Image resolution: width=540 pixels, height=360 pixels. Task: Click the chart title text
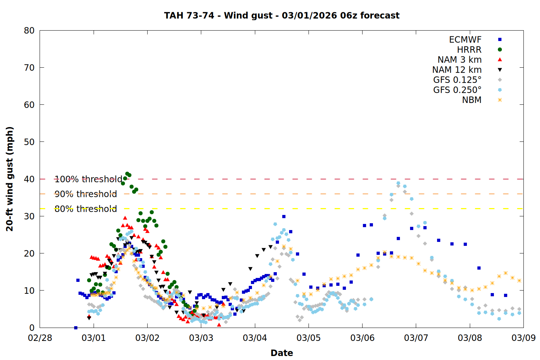282,15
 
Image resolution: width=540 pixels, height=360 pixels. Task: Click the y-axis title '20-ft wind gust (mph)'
10,179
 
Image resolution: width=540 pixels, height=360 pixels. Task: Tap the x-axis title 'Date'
282,353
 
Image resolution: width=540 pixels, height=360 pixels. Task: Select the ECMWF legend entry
465,40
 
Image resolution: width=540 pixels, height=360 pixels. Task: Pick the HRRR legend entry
469,50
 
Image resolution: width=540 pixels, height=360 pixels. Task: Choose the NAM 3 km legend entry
459,60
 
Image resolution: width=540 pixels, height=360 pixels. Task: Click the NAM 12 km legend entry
457,70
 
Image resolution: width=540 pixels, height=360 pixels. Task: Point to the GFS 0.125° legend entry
457,80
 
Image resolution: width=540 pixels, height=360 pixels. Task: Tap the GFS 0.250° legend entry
457,90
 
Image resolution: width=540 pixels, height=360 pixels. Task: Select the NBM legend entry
472,100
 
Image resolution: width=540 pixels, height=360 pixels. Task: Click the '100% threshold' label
88,179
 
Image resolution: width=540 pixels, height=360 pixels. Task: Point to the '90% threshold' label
86,194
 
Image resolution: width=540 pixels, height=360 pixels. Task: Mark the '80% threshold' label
86,209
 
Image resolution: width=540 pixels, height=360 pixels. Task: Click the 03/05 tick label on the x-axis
309,338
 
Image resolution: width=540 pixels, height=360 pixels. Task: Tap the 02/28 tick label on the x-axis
40,338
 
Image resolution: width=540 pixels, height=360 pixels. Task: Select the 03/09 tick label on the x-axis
523,338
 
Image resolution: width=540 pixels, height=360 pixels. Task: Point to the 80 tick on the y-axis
29,31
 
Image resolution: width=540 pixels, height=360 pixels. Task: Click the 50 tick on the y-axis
29,142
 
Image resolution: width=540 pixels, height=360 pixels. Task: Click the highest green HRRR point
127,174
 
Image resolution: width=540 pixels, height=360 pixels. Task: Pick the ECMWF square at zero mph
76,328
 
